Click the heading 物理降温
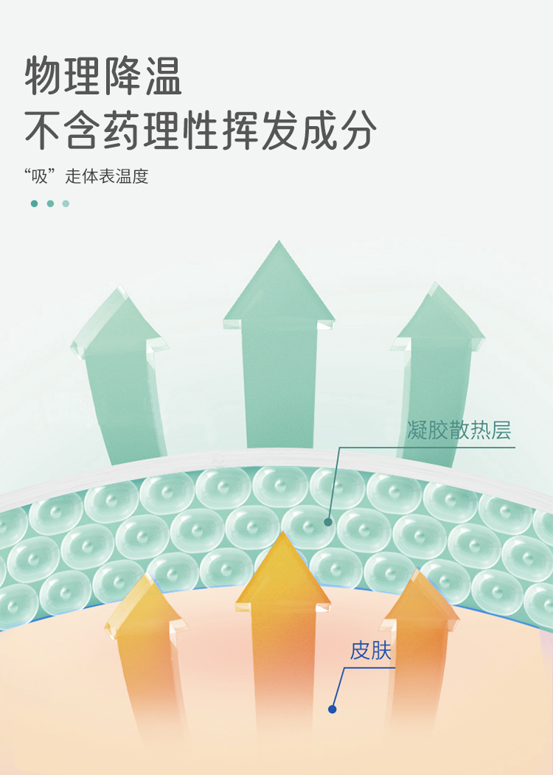click(x=103, y=77)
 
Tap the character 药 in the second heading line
click(x=123, y=131)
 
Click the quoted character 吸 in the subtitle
click(x=40, y=176)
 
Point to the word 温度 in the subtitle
click(x=132, y=176)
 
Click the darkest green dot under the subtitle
click(x=34, y=204)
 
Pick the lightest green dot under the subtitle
click(x=66, y=204)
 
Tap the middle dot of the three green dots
click(x=50, y=204)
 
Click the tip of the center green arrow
click(x=279, y=241)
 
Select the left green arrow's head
click(x=119, y=322)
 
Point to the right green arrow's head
click(x=437, y=317)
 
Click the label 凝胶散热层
click(x=459, y=430)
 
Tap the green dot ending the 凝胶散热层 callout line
click(x=327, y=522)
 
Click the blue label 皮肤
click(x=371, y=650)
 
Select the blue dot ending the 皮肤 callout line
click(x=332, y=709)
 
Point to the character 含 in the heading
click(x=83, y=131)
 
